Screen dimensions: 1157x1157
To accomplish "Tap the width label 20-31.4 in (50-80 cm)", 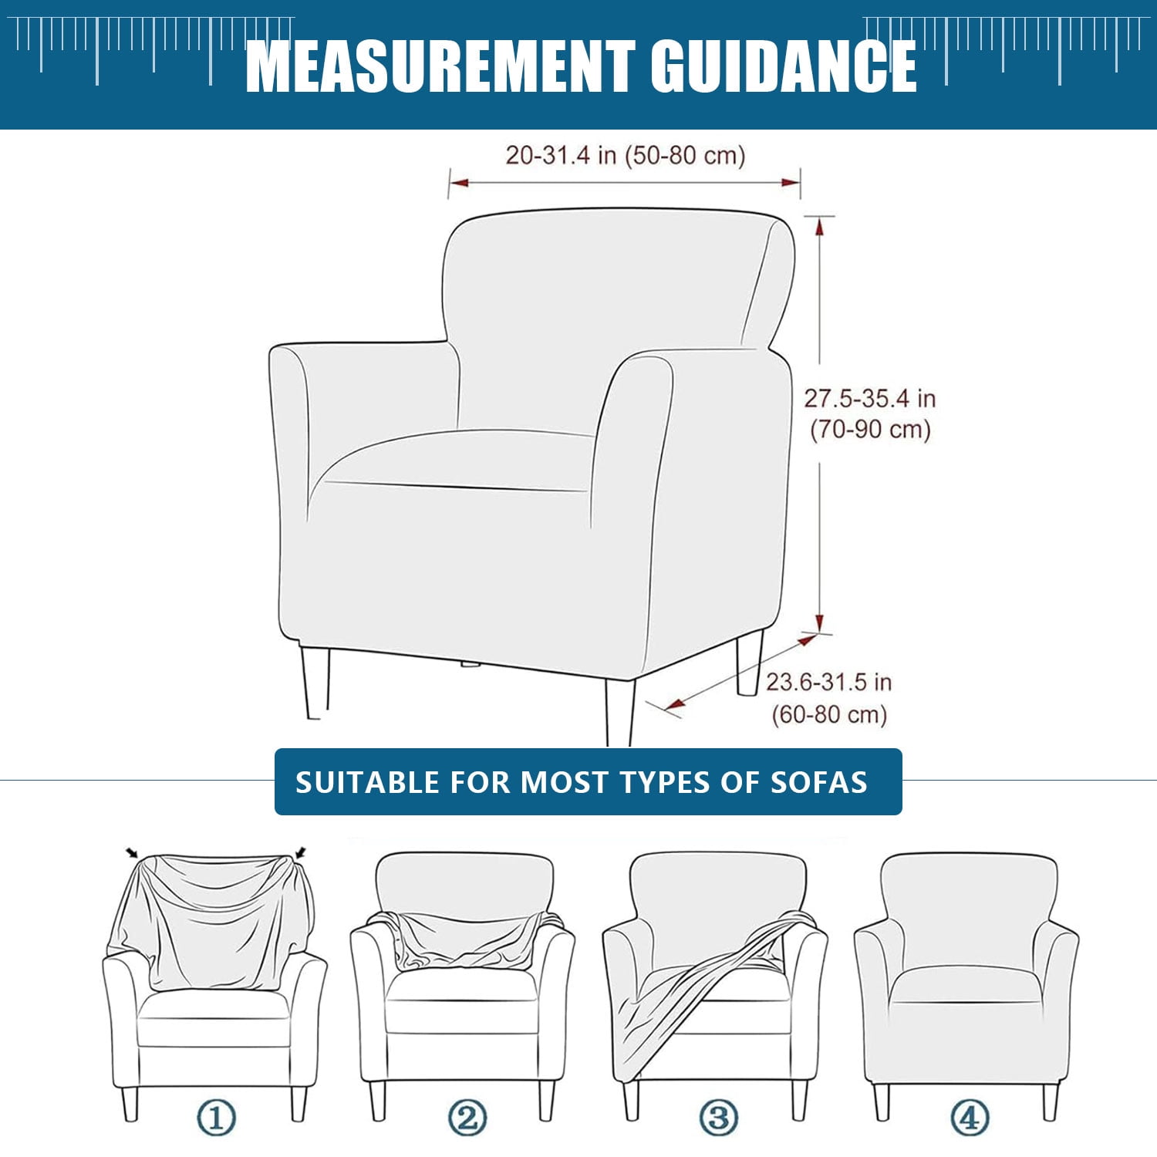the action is tap(626, 155).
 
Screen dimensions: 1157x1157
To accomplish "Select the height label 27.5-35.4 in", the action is tap(870, 399).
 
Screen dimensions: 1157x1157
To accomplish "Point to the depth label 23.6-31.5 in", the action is tap(829, 682).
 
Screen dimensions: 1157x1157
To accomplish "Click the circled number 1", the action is tap(215, 1117).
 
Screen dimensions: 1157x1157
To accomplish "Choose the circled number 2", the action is tap(467, 1117).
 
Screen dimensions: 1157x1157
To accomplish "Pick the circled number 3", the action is tap(718, 1117).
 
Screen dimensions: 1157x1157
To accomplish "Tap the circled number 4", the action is tap(970, 1117).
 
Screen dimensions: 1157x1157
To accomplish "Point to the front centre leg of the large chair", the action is tap(619, 711).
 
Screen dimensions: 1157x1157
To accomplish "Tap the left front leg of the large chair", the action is tap(315, 683).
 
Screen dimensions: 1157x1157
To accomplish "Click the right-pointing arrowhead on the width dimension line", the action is tap(791, 183).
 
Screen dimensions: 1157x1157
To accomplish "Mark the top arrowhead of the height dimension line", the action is tap(819, 226).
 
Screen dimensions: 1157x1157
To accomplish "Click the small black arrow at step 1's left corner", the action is tap(132, 853).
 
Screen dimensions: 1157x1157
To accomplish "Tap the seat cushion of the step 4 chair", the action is tap(966, 985).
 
